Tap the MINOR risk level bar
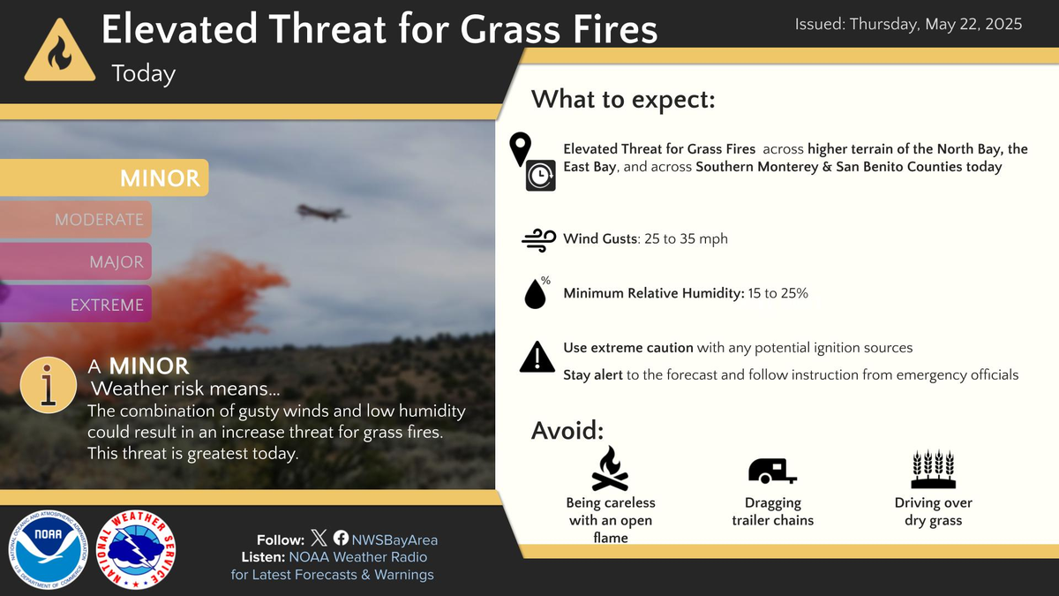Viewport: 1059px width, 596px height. click(x=105, y=177)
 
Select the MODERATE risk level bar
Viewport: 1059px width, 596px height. click(x=77, y=219)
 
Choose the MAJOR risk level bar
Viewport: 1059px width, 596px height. click(x=77, y=262)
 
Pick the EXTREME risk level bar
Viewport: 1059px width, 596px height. click(x=77, y=305)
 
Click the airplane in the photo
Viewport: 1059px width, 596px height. click(x=322, y=211)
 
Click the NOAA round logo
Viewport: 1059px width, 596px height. click(x=48, y=549)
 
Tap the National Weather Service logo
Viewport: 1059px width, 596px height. click(x=135, y=549)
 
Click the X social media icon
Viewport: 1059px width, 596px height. click(x=319, y=539)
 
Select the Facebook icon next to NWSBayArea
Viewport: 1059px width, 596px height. click(x=341, y=539)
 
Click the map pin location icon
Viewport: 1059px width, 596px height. click(x=522, y=147)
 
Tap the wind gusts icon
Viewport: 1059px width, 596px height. click(x=538, y=239)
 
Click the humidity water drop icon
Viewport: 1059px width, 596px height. click(x=536, y=293)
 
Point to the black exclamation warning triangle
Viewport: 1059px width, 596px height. click(x=537, y=357)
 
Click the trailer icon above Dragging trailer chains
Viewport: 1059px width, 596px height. click(x=771, y=472)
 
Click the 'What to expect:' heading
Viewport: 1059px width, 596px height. click(x=622, y=99)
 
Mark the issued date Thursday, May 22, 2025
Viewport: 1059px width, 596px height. click(x=908, y=25)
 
